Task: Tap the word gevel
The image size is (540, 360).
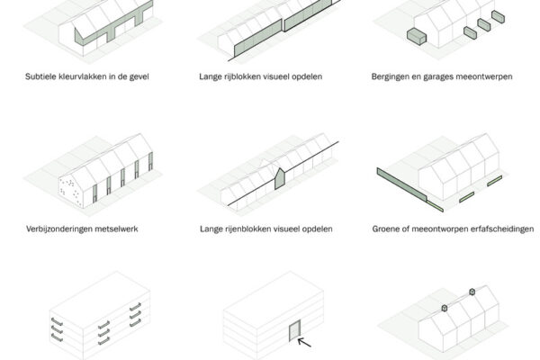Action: click(x=139, y=76)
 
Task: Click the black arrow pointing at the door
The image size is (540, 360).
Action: click(x=304, y=342)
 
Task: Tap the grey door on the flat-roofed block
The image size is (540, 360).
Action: click(x=295, y=330)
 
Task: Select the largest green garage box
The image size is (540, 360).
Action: click(x=417, y=37)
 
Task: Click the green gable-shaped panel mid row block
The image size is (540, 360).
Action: click(x=280, y=179)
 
